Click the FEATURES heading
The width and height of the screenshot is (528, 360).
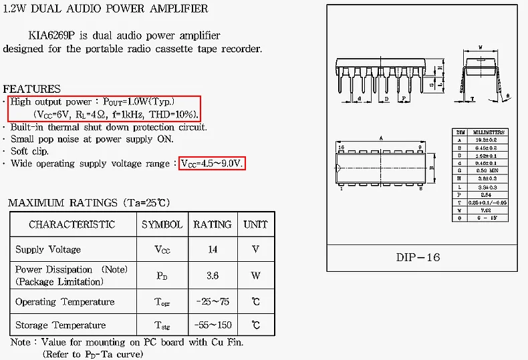pyautogui.click(x=31, y=89)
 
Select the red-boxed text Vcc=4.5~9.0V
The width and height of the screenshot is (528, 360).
pyautogui.click(x=213, y=163)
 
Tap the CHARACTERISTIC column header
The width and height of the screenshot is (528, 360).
pyautogui.click(x=72, y=224)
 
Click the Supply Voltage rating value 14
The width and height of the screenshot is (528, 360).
pyautogui.click(x=213, y=249)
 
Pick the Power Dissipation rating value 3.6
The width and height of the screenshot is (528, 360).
pyautogui.click(x=213, y=275)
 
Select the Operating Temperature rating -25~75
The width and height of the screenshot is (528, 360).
pyautogui.click(x=213, y=302)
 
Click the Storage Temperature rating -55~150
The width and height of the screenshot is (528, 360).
pyautogui.click(x=213, y=325)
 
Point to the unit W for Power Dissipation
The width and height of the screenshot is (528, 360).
pyautogui.click(x=255, y=275)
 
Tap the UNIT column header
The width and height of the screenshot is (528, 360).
pyautogui.click(x=255, y=224)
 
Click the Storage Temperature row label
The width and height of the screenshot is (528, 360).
pyautogui.click(x=61, y=325)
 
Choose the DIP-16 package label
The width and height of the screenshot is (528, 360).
pyautogui.click(x=418, y=257)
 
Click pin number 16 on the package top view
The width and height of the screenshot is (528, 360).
pyautogui.click(x=341, y=146)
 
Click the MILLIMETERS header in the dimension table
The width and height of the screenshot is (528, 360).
pyautogui.click(x=490, y=132)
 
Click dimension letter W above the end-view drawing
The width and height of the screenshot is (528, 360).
pyautogui.click(x=481, y=47)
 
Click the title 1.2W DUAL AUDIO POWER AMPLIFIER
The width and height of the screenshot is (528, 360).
pyautogui.click(x=106, y=9)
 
